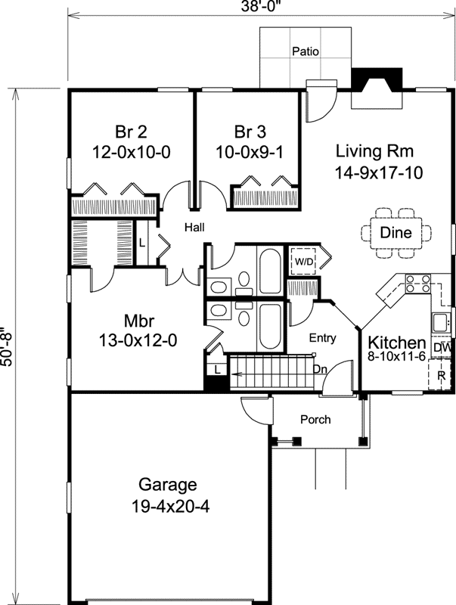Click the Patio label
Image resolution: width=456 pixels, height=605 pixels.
click(x=306, y=51)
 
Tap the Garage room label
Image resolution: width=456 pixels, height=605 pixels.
click(x=168, y=484)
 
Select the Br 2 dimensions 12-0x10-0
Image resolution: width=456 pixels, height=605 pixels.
click(x=131, y=153)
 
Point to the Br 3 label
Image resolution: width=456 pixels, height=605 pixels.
click(x=250, y=132)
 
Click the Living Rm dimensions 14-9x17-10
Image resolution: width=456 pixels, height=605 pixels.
click(x=378, y=172)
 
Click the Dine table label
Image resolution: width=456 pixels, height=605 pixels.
click(x=396, y=232)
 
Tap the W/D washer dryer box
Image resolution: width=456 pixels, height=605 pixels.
click(x=305, y=261)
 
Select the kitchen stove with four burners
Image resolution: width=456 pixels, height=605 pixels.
click(x=417, y=283)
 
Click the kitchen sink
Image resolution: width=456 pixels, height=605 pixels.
click(x=440, y=322)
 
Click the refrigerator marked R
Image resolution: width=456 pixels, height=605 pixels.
click(x=441, y=374)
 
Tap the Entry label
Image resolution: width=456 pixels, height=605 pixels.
click(x=322, y=338)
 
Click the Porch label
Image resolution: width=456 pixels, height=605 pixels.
click(x=315, y=419)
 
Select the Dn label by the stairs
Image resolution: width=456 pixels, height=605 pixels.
click(x=320, y=369)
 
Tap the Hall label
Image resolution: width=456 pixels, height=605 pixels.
click(x=194, y=228)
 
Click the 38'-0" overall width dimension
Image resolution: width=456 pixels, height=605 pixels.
click(x=261, y=6)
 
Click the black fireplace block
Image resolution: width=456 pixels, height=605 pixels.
click(x=377, y=80)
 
